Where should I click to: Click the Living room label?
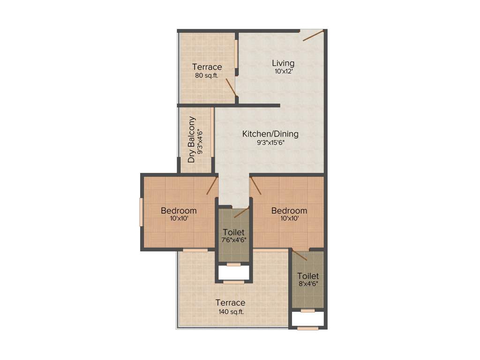(x=283, y=63)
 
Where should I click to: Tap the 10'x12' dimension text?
(x=283, y=72)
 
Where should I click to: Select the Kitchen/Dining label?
(x=270, y=134)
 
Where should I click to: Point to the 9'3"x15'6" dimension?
(x=270, y=143)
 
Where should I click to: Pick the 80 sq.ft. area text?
(x=207, y=75)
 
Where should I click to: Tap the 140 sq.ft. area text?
(x=230, y=311)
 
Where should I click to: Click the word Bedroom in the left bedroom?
(x=179, y=210)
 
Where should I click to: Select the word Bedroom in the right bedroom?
(x=289, y=210)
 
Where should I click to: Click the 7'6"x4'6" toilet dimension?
(x=234, y=240)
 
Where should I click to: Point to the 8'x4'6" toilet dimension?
(x=307, y=284)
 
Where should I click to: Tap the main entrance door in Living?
(x=313, y=36)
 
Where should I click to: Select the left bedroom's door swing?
(x=212, y=186)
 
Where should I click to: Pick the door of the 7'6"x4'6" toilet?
(x=241, y=213)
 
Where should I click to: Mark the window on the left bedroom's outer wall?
(x=141, y=212)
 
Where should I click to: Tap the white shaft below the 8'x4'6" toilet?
(x=307, y=319)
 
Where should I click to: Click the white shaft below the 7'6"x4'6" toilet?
(x=234, y=273)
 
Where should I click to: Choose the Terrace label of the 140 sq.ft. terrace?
(x=230, y=302)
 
